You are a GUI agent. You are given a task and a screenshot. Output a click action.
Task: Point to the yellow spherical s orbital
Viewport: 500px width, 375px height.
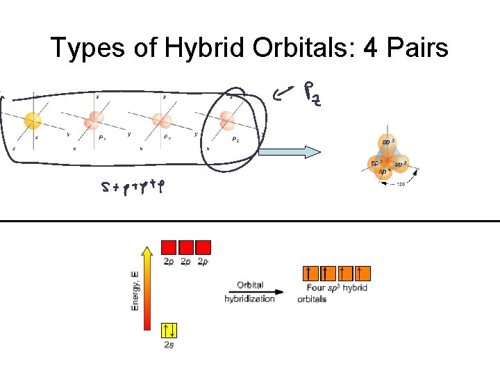(32, 121)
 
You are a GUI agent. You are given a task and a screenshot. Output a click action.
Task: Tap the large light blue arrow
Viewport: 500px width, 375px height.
(290, 152)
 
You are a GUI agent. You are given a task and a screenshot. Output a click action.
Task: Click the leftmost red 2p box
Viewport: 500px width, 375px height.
(169, 248)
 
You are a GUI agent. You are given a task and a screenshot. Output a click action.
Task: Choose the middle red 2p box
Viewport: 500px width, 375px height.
(185, 248)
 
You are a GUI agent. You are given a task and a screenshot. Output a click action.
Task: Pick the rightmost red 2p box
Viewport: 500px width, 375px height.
(203, 248)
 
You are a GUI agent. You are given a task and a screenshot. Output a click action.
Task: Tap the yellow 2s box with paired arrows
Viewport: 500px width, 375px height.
(169, 331)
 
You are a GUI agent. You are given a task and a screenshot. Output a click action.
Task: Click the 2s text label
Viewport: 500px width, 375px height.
(169, 345)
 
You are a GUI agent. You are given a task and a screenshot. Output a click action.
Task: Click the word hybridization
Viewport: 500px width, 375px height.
(249, 299)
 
